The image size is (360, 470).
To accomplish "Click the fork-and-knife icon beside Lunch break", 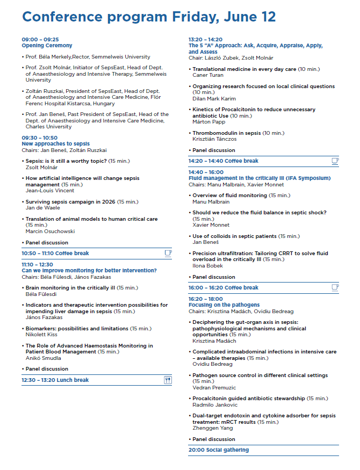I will [168, 380].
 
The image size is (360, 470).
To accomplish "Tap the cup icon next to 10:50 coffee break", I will [168, 253].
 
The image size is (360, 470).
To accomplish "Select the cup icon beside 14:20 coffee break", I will [335, 161].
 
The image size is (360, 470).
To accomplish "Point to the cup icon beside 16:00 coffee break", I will [335, 287].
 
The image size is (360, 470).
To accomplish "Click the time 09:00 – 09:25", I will [40, 40].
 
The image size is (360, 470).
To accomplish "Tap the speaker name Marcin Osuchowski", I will [50, 231].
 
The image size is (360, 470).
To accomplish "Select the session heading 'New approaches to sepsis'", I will [55, 144].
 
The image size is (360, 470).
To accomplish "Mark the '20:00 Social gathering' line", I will [219, 450].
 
